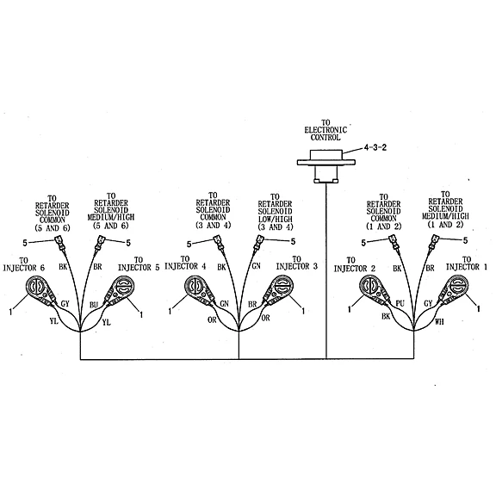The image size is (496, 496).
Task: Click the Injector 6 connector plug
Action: [40, 290]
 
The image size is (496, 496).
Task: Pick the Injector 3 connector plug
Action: [278, 290]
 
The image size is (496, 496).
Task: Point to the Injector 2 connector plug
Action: [374, 289]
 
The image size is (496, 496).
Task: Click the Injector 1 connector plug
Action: [453, 289]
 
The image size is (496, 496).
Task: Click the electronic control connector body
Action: [326, 165]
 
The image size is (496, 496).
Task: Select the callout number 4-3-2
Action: [375, 147]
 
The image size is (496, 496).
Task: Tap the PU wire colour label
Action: [400, 303]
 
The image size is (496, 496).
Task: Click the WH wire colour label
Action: [439, 321]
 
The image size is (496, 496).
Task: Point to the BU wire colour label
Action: [94, 305]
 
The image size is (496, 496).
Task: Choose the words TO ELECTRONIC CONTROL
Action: [325, 130]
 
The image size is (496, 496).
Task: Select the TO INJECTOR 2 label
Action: [354, 264]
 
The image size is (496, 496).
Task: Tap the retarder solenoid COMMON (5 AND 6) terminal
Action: [60, 242]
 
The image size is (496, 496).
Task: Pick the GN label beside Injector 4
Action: [224, 304]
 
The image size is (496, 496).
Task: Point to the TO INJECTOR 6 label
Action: [24, 264]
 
